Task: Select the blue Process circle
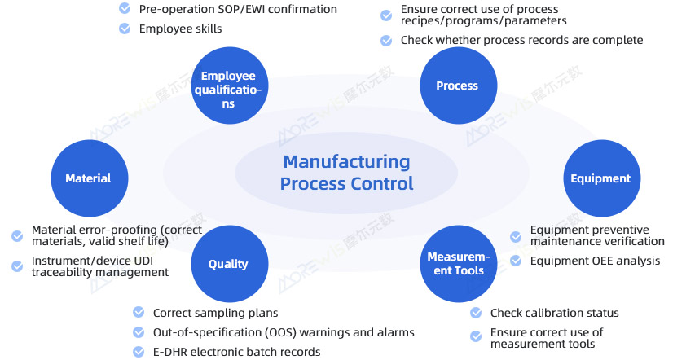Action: point(457,86)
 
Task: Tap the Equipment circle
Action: point(600,178)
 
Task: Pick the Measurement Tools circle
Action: point(458,264)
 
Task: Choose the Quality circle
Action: point(228,264)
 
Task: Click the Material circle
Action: point(88,178)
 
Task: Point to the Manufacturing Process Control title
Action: point(346,173)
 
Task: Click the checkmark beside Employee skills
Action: point(125,29)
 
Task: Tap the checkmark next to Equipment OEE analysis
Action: point(516,261)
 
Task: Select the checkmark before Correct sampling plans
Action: point(139,313)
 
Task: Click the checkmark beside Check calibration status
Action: point(476,313)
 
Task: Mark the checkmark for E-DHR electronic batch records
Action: point(139,352)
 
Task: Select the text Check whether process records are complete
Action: point(521,40)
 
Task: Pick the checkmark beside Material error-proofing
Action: point(17,236)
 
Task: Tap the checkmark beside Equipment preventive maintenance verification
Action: point(516,236)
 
